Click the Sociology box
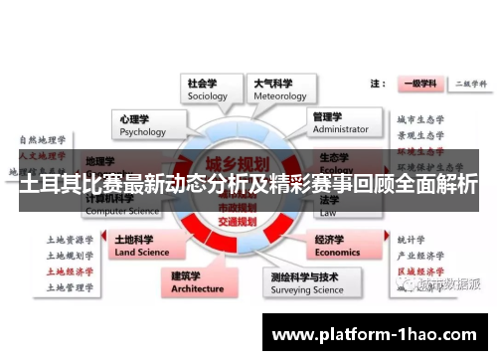(209, 89)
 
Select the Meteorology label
(279, 89)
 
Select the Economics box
(338, 245)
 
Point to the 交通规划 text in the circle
(239, 220)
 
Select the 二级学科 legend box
(467, 84)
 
